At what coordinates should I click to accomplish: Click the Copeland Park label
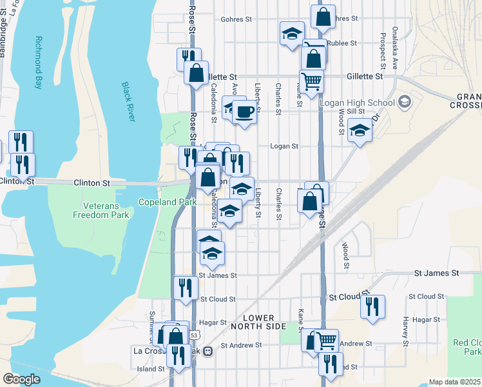point(159,202)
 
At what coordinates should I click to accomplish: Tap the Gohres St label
point(236,19)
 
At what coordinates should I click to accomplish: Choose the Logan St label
point(284,146)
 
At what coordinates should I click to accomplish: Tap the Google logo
point(21,379)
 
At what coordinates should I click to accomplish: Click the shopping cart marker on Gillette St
point(311,81)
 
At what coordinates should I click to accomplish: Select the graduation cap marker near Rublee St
point(292,33)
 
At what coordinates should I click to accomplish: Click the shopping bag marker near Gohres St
point(323,16)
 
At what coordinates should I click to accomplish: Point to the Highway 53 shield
point(194,335)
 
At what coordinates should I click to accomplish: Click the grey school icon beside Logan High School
point(404,102)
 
